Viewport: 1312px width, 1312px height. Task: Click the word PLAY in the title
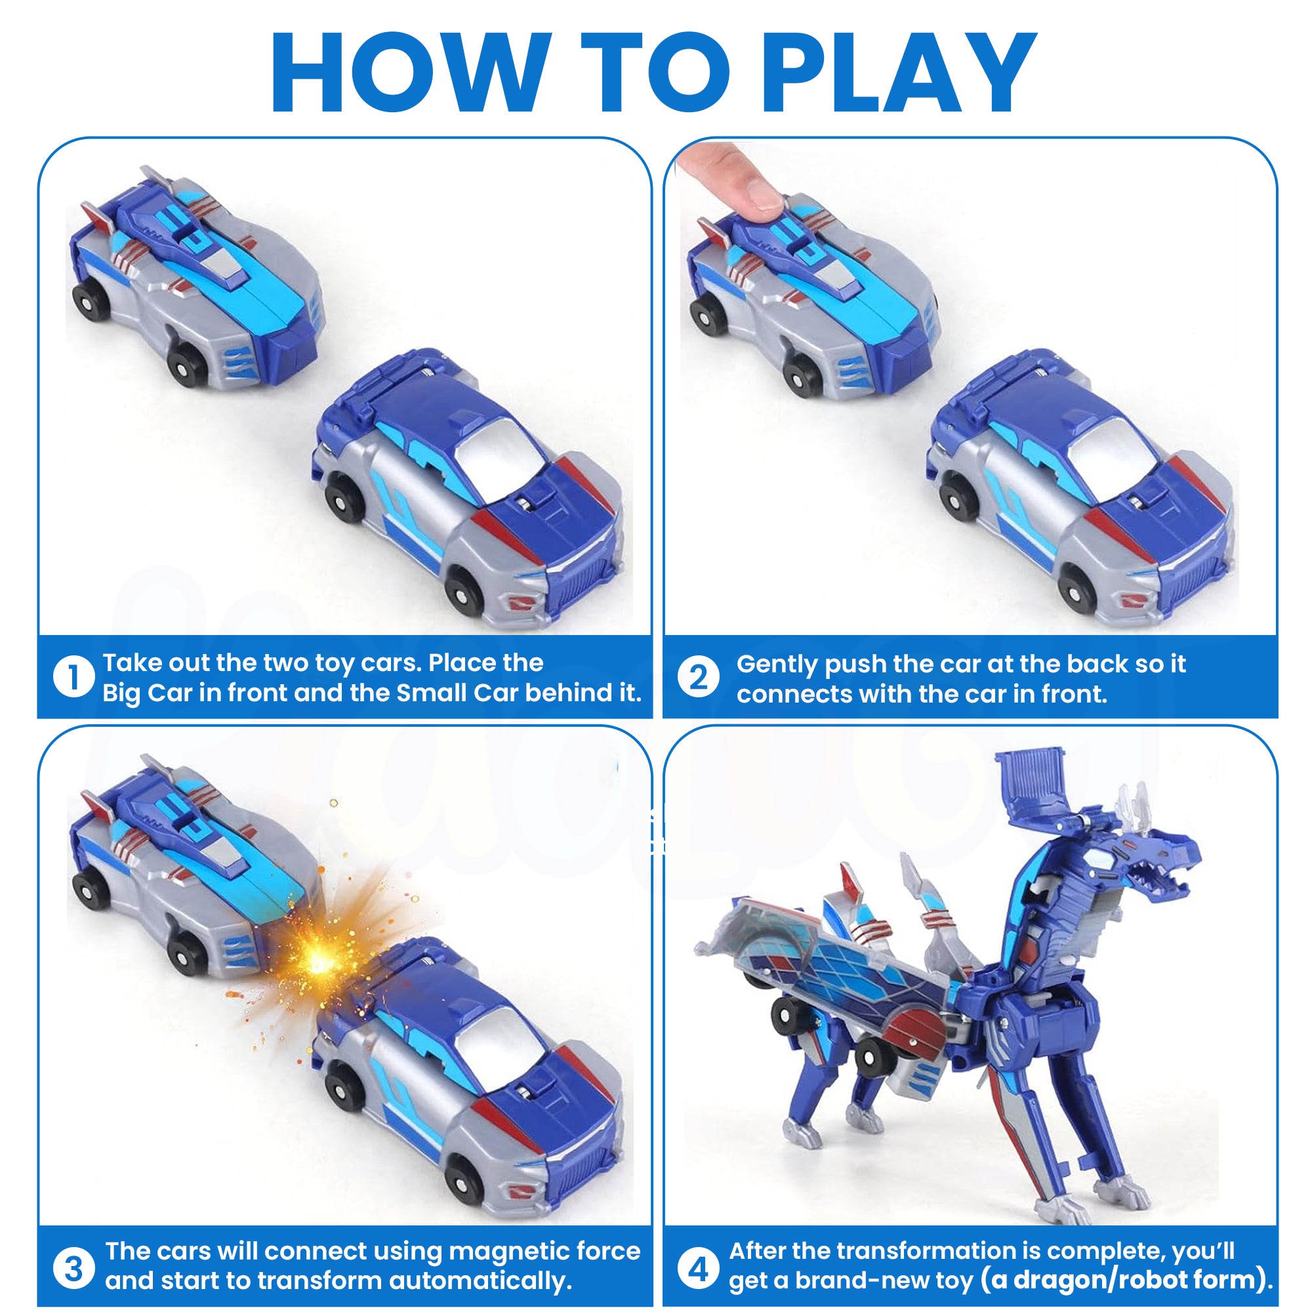(901, 72)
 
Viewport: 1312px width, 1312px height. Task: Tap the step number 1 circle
(73, 676)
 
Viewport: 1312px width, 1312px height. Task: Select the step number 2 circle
(698, 676)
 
